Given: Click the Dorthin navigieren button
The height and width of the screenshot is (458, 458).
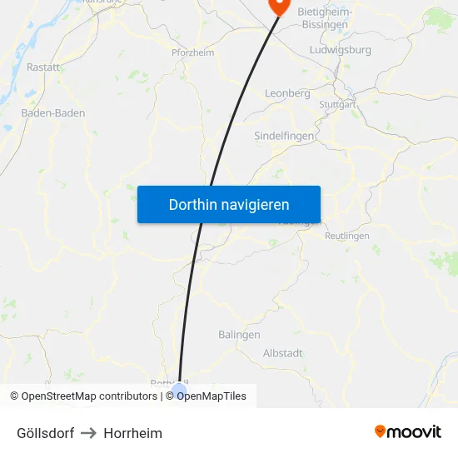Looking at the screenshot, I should pyautogui.click(x=229, y=204).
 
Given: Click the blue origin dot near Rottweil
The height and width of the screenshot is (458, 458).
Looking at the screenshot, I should pyautogui.click(x=178, y=388).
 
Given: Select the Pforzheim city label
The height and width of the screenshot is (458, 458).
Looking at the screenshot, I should pyautogui.click(x=192, y=52).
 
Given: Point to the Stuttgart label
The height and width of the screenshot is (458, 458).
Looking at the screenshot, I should pyautogui.click(x=337, y=105).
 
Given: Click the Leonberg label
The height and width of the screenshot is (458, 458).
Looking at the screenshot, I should pyautogui.click(x=286, y=93).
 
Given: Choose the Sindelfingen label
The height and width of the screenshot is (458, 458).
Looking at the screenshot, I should pyautogui.click(x=284, y=135).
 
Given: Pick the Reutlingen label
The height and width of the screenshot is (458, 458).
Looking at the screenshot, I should pyautogui.click(x=346, y=236).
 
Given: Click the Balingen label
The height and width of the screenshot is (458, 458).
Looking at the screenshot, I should pyautogui.click(x=239, y=335).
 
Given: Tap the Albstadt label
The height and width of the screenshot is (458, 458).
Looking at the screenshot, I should pyautogui.click(x=282, y=353).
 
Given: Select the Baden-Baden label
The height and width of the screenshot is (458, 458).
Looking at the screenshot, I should pyautogui.click(x=53, y=112).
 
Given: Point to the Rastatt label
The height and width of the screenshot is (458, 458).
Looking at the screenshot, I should pyautogui.click(x=43, y=67).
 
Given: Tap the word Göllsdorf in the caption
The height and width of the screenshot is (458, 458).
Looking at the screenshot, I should pyautogui.click(x=45, y=433).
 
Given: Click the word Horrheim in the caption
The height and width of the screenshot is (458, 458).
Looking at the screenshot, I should pyautogui.click(x=133, y=433).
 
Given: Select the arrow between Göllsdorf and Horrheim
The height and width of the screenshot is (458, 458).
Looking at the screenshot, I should pyautogui.click(x=89, y=433).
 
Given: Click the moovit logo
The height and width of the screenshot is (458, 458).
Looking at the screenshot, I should pyautogui.click(x=408, y=431).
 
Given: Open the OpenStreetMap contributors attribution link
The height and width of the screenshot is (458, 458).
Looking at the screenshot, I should pyautogui.click(x=89, y=396).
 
